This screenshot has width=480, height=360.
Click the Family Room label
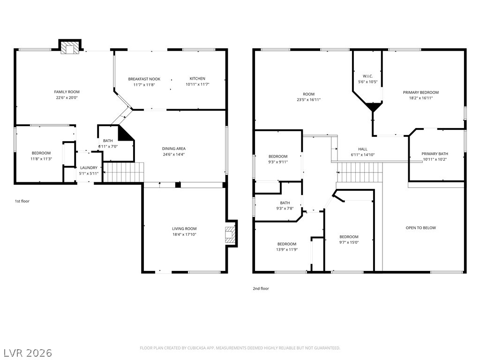(67, 92)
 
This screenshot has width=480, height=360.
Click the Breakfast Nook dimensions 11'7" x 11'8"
(144, 85)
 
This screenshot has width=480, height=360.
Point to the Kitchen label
(197, 79)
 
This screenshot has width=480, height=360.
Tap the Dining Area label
(174, 149)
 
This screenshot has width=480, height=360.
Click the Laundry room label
(89, 168)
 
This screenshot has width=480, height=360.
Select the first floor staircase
(123, 172)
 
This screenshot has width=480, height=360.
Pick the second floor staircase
(360, 172)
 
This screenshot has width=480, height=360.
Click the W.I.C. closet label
(368, 76)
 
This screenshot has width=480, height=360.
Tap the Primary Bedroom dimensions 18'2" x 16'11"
(421, 98)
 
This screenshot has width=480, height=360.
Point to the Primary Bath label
(435, 154)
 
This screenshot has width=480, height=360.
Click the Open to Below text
(420, 228)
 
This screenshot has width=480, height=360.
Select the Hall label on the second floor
(363, 150)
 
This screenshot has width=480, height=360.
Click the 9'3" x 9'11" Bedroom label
(278, 157)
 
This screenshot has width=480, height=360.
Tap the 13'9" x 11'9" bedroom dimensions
(287, 250)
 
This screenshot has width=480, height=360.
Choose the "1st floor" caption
(22, 201)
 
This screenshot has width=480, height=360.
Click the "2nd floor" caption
(261, 288)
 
